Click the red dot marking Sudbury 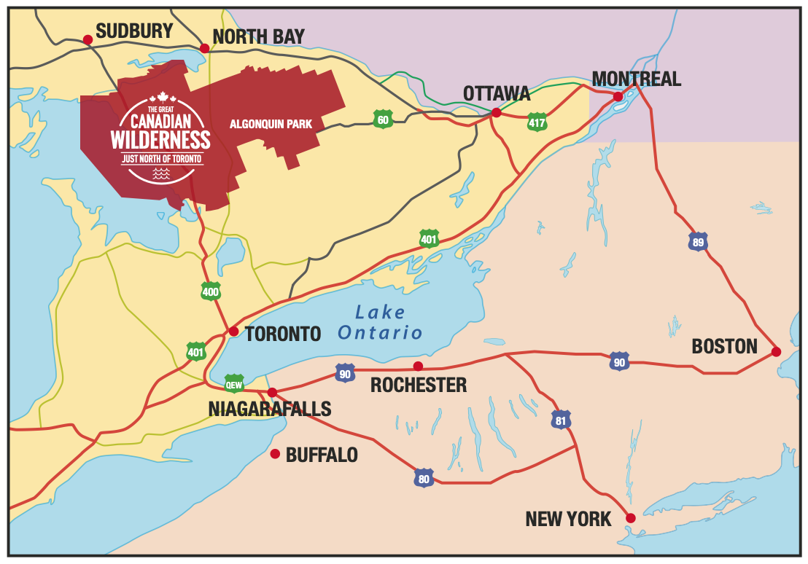click(88, 39)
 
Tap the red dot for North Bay click(204, 48)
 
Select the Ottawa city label click(496, 93)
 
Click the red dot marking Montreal click(618, 96)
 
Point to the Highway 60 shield click(382, 119)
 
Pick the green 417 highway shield click(537, 122)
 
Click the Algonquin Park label click(271, 124)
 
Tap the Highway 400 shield click(211, 291)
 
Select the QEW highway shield click(234, 383)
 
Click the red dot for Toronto click(233, 331)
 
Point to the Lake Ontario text click(380, 323)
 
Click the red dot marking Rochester click(418, 366)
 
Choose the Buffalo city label click(322, 455)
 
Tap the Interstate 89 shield click(698, 241)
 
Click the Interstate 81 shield click(561, 420)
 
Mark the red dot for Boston click(776, 352)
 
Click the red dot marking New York click(631, 518)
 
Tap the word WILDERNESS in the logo click(160, 139)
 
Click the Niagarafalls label click(270, 409)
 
